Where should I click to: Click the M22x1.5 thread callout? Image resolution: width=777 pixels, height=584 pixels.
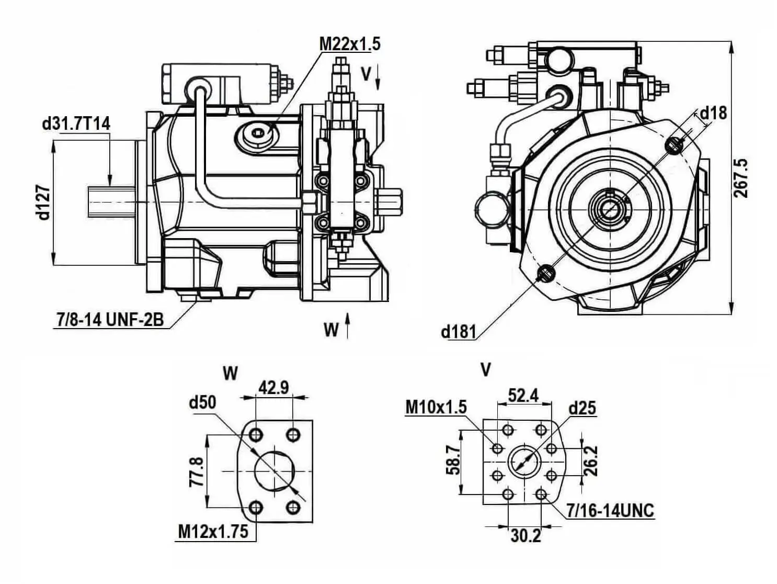(350, 44)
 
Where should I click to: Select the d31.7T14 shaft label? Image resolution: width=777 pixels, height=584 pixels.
(76, 124)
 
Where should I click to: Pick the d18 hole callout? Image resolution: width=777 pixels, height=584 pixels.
(713, 113)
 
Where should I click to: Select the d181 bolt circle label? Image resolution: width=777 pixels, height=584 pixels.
(458, 331)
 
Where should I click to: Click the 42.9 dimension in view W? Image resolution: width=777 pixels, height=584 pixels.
(273, 388)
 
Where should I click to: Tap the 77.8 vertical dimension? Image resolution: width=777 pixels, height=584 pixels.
(196, 471)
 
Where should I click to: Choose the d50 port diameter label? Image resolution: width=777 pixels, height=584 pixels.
(202, 402)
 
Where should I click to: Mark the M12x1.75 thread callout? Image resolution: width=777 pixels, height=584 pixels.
(213, 532)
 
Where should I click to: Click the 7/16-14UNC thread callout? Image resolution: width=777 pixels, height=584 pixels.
(610, 510)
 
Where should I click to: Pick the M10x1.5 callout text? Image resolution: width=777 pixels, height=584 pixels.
(436, 407)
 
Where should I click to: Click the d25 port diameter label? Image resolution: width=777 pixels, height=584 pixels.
(582, 408)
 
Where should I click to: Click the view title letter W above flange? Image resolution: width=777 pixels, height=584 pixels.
(230, 373)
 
